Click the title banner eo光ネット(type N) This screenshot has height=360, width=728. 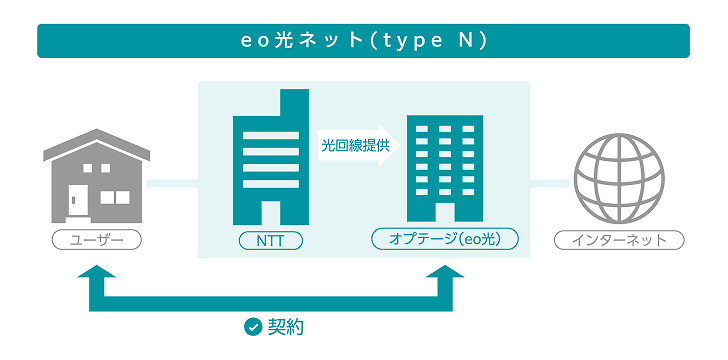point(363,41)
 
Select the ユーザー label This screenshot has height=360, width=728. point(96,240)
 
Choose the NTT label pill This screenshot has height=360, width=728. point(269,241)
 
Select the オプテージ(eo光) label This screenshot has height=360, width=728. point(443,239)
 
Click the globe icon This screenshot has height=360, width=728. point(619,180)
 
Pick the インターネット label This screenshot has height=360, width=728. point(619,240)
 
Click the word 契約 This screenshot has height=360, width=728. point(285,327)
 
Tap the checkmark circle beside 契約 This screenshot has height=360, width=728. point(253,327)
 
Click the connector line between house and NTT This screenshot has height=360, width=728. point(172,184)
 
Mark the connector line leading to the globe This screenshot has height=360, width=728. point(549,184)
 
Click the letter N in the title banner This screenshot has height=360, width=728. point(467,41)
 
